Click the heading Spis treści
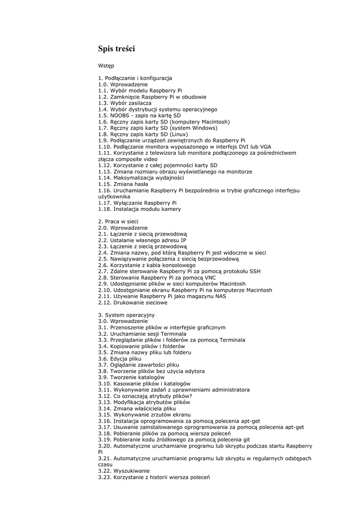click(116, 49)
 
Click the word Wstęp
click(106, 65)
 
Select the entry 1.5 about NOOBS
click(140, 116)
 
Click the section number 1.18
click(105, 209)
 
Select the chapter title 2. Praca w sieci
click(118, 221)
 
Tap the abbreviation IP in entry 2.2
click(183, 240)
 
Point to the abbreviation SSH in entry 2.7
click(254, 271)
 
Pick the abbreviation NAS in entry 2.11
click(220, 296)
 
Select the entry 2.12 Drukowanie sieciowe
click(133, 303)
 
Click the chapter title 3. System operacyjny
click(126, 315)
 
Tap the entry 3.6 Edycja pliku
click(120, 359)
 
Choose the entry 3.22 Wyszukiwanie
click(124, 471)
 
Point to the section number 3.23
click(105, 477)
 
